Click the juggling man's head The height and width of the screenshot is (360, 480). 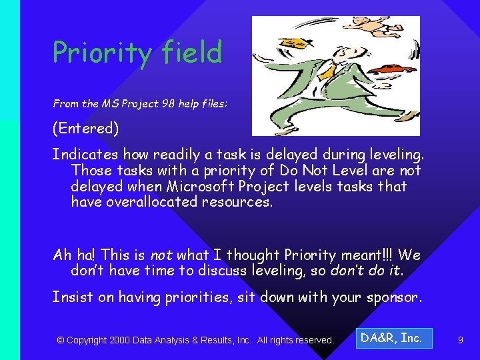pyautogui.click(x=340, y=52)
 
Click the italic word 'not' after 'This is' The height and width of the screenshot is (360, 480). pyautogui.click(x=161, y=255)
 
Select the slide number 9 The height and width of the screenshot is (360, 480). pyautogui.click(x=460, y=341)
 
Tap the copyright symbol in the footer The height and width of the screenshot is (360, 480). pyautogui.click(x=61, y=341)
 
